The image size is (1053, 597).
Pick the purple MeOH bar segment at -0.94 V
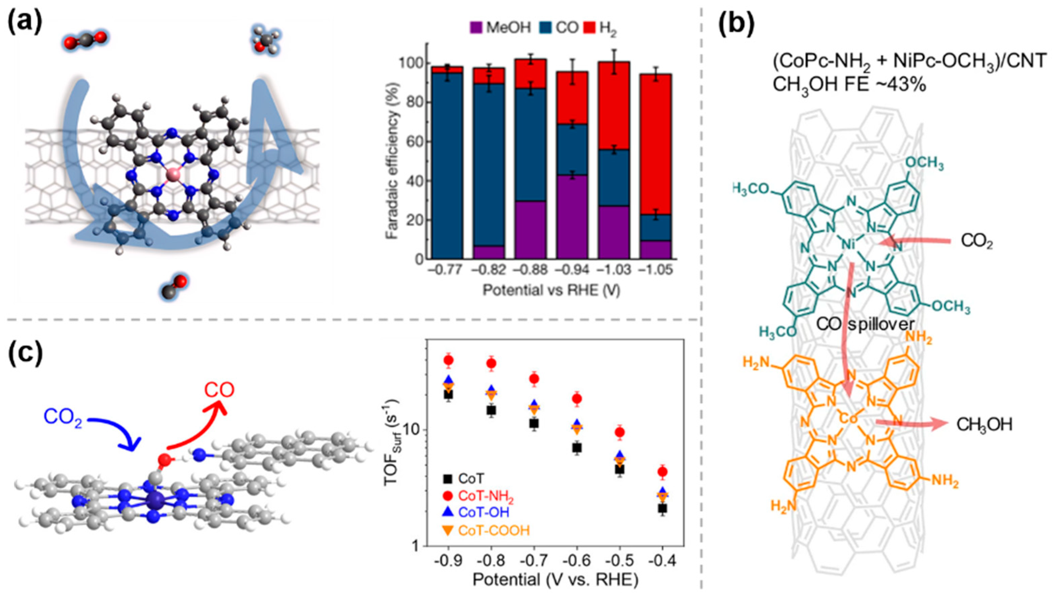click(x=572, y=217)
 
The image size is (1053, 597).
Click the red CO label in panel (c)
click(x=219, y=390)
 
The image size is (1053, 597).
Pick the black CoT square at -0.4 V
click(x=662, y=508)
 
